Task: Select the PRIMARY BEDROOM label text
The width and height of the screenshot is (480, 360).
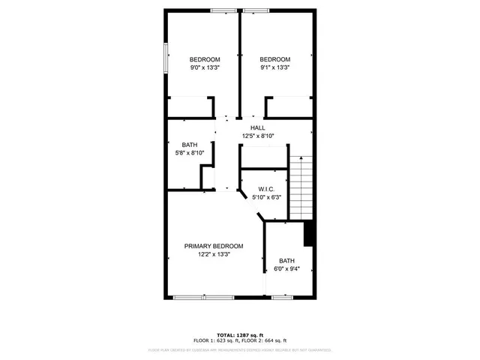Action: (x=214, y=246)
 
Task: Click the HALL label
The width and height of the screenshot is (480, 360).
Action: (x=257, y=127)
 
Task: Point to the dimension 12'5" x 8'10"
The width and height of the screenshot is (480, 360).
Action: (x=257, y=136)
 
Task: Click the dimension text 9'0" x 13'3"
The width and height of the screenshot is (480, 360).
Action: (x=204, y=67)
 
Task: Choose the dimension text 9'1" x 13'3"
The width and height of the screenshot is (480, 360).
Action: (x=274, y=67)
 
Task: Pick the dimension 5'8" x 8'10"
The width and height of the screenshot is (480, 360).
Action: (x=189, y=152)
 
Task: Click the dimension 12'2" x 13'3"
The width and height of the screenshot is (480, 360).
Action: (x=214, y=254)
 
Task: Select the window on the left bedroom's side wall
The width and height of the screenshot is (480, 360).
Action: (x=166, y=58)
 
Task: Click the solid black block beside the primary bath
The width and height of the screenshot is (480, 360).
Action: (x=308, y=234)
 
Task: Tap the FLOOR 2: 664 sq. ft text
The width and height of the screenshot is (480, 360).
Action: (x=265, y=340)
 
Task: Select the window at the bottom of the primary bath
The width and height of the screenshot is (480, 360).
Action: (x=282, y=298)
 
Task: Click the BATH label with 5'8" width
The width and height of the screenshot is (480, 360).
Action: (x=189, y=144)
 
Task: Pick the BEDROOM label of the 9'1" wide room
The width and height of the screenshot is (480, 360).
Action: (x=274, y=59)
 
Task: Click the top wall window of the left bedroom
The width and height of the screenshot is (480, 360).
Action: (x=223, y=10)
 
